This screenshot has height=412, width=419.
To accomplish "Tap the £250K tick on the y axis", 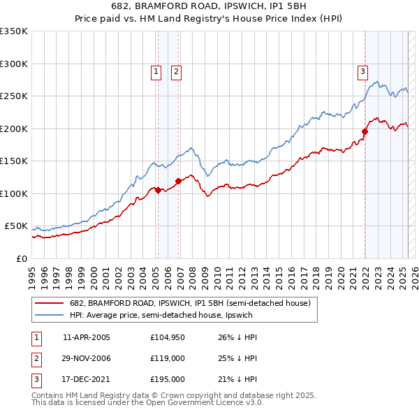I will pos(14,96).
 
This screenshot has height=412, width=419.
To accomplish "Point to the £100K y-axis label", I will pos(14,193).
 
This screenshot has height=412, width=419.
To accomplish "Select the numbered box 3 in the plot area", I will pos(362,71).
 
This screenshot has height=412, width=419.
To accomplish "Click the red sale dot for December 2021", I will pos(365,131).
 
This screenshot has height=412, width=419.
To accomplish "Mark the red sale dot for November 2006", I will pos(179,181).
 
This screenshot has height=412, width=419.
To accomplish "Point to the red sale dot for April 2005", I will pos(159,190).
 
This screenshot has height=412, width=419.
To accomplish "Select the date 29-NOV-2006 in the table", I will pos(87,358).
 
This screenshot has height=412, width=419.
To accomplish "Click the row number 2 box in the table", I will pos(36,358).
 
